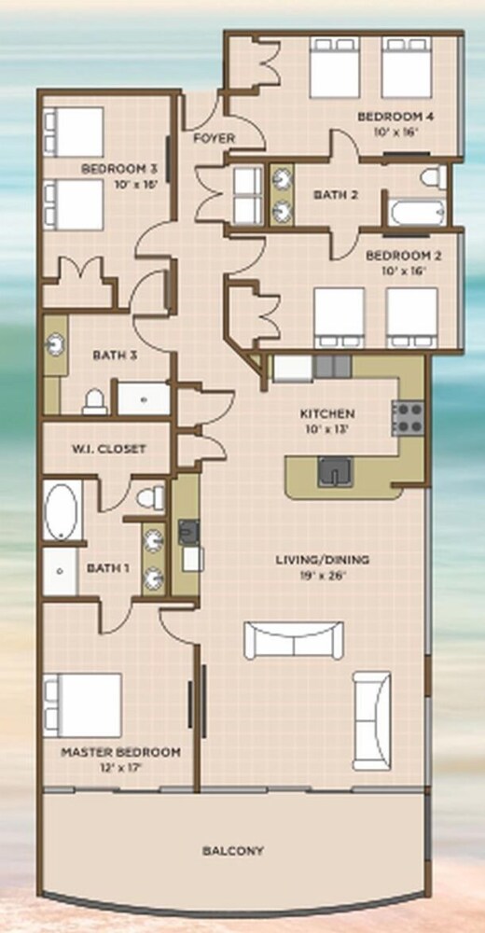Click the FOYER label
(215, 138)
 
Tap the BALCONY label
(232, 850)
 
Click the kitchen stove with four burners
(408, 418)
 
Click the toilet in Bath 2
(434, 176)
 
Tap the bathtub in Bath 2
(416, 213)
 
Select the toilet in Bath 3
(94, 401)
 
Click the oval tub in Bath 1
(61, 511)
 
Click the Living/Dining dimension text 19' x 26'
(323, 576)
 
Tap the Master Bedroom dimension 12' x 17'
(121, 767)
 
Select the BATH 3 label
(116, 355)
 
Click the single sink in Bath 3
(55, 345)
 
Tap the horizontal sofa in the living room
(294, 640)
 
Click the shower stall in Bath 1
(60, 571)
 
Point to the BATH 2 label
(336, 195)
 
